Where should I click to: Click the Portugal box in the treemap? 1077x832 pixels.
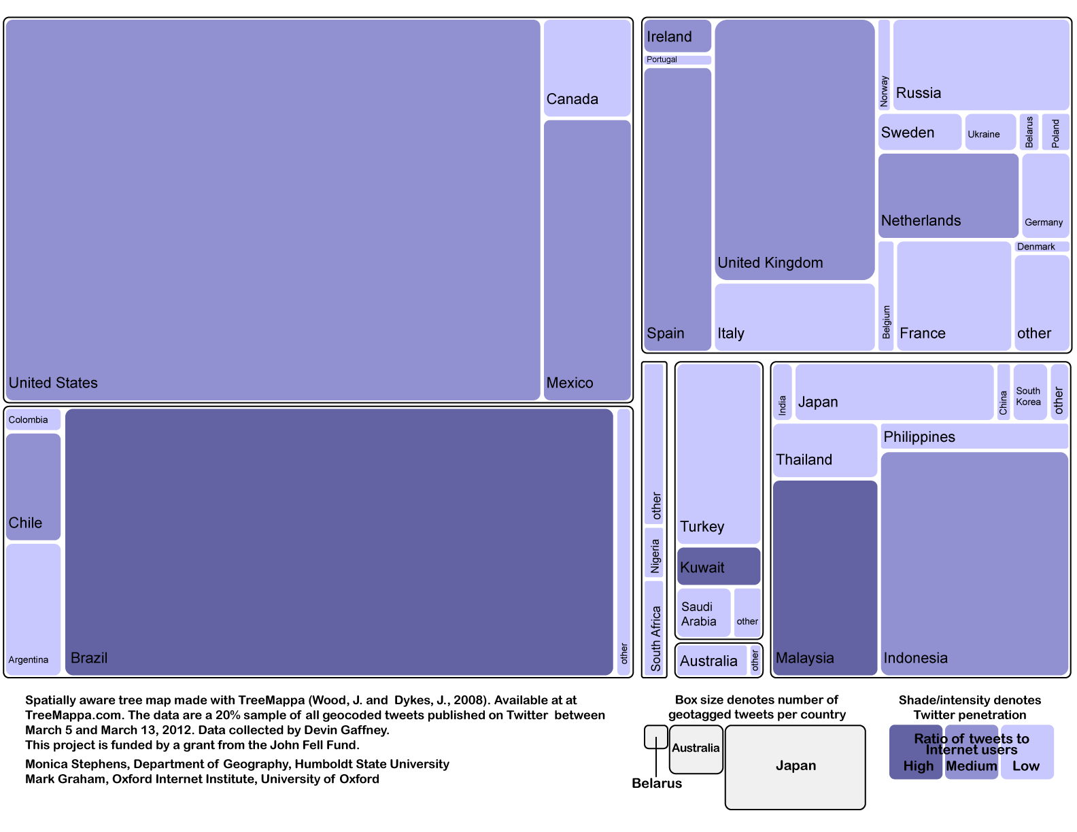[x=677, y=60]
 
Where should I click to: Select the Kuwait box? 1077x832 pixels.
[x=718, y=566]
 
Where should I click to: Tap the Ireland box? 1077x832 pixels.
[x=677, y=35]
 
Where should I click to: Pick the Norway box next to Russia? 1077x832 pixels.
[x=884, y=65]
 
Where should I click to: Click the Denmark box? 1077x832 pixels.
[x=1042, y=246]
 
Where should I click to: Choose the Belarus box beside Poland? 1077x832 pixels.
[x=1029, y=132]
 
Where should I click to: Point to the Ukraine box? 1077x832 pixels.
[x=990, y=132]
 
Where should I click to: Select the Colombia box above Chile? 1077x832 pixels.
[x=33, y=419]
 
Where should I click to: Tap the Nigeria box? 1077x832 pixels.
[x=653, y=553]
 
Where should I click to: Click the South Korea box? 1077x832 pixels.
[x=1030, y=392]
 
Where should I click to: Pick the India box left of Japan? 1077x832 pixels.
[x=782, y=392]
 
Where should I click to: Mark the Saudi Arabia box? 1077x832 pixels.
[x=704, y=612]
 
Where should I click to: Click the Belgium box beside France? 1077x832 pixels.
[x=886, y=296]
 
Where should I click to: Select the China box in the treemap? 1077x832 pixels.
[x=1003, y=392]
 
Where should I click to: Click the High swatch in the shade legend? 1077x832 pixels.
[x=915, y=752]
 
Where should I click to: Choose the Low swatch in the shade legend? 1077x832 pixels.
[x=1027, y=752]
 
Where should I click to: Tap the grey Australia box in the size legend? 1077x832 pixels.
[x=696, y=749]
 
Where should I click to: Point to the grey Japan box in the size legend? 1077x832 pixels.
[x=795, y=767]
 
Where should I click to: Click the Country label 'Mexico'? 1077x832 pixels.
[x=570, y=383]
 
